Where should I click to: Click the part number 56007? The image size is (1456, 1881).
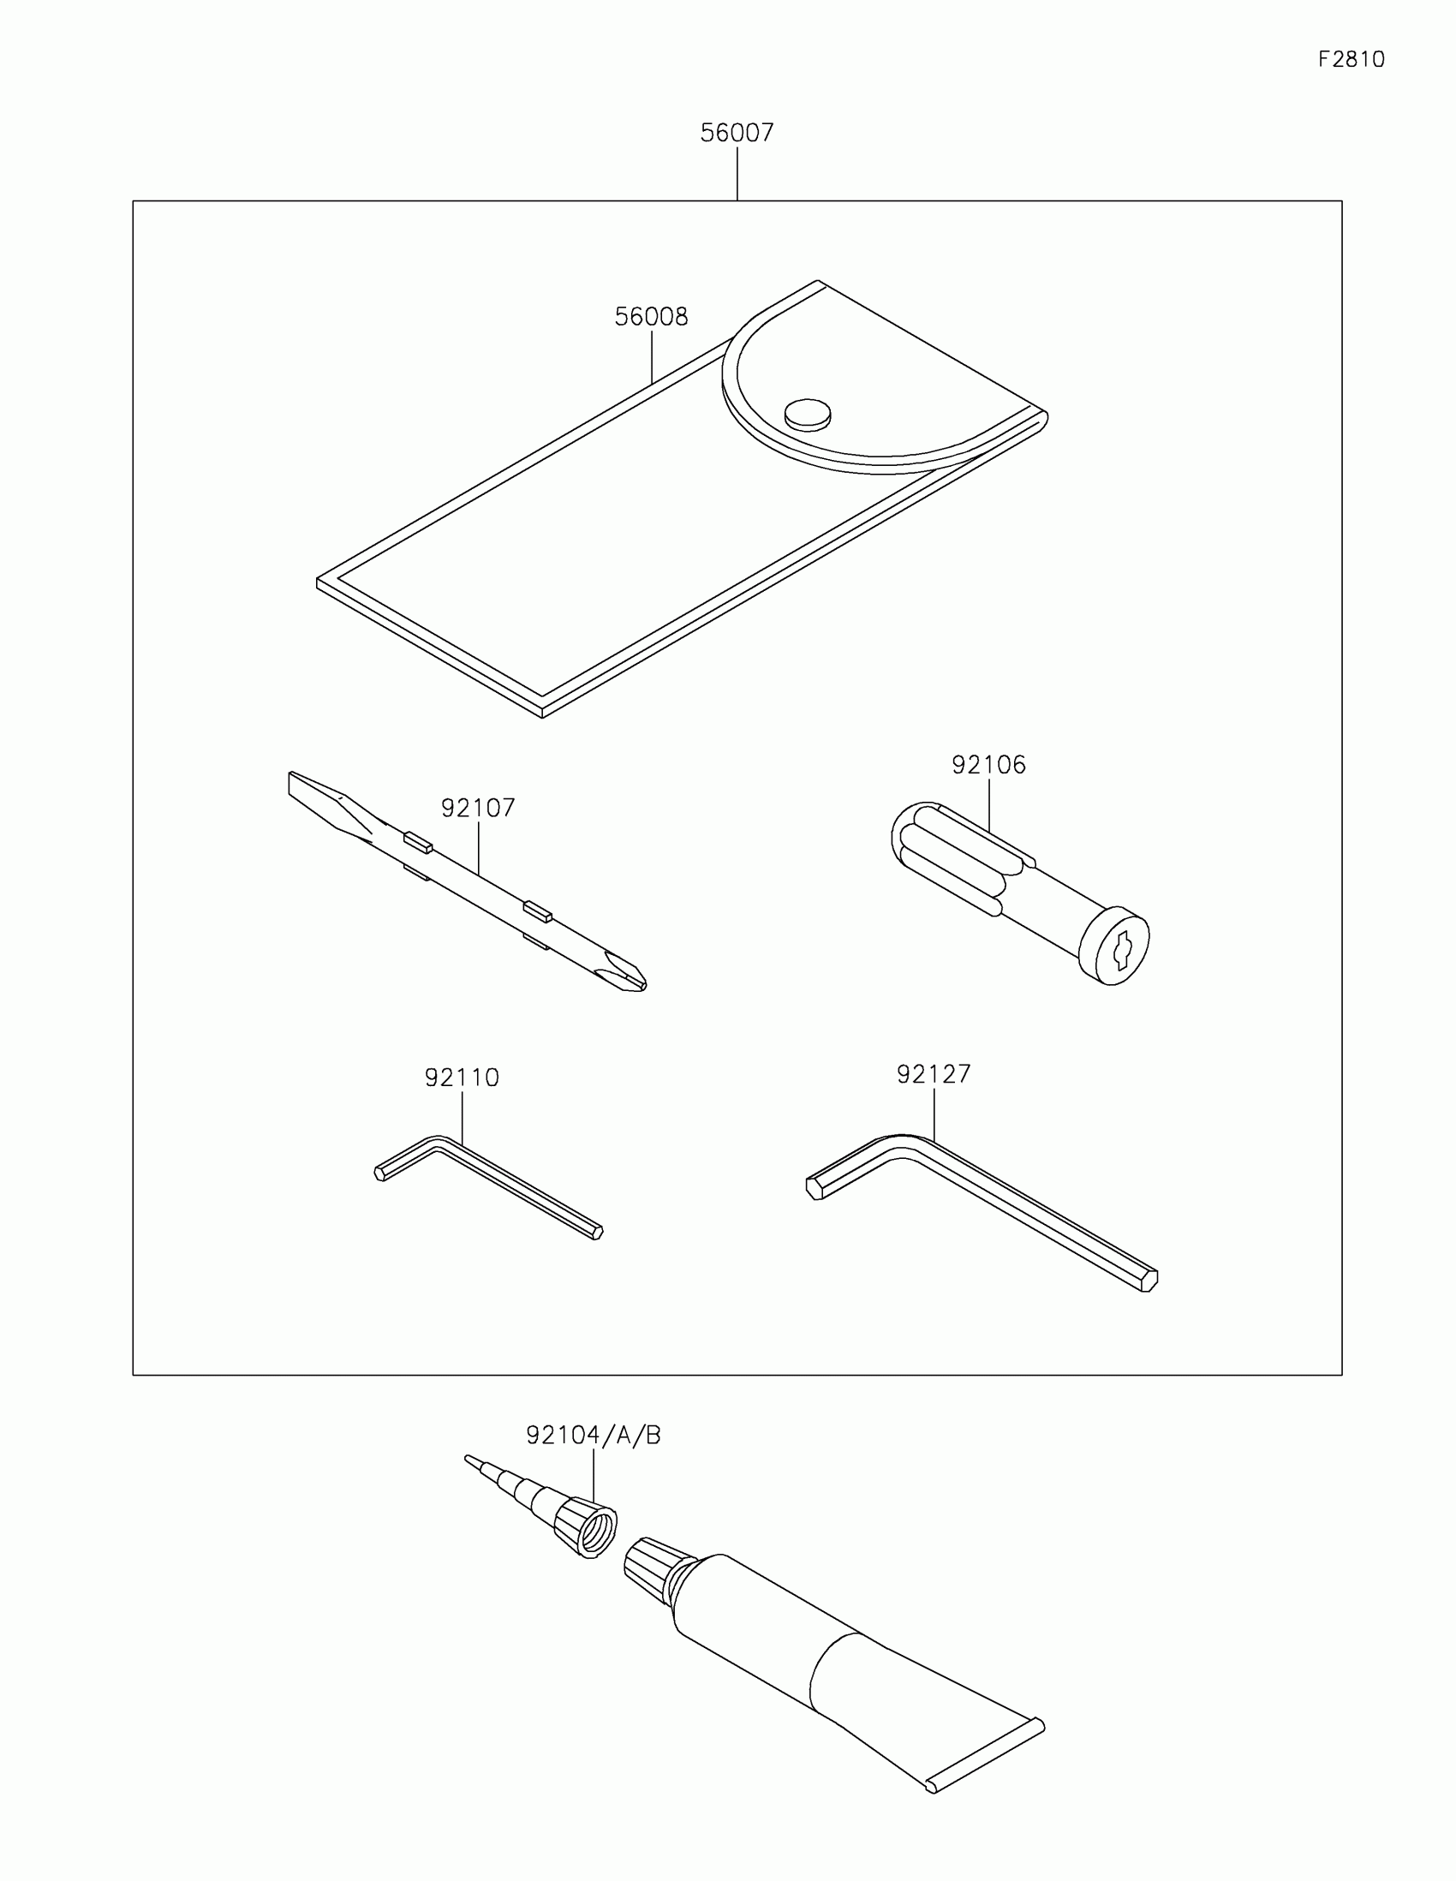[x=737, y=133]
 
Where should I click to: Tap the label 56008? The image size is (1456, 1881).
[x=651, y=317]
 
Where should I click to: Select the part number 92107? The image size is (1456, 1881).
[x=478, y=808]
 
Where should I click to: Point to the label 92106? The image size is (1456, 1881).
[x=988, y=765]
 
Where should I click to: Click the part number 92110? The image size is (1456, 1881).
[x=462, y=1078]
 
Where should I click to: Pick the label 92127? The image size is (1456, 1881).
[x=934, y=1074]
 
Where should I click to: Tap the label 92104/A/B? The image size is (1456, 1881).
[x=594, y=1435]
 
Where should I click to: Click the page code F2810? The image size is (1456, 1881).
[x=1351, y=59]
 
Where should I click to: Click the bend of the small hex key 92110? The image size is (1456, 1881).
[x=438, y=1142]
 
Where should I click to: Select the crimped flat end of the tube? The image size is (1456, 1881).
[x=986, y=1756]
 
